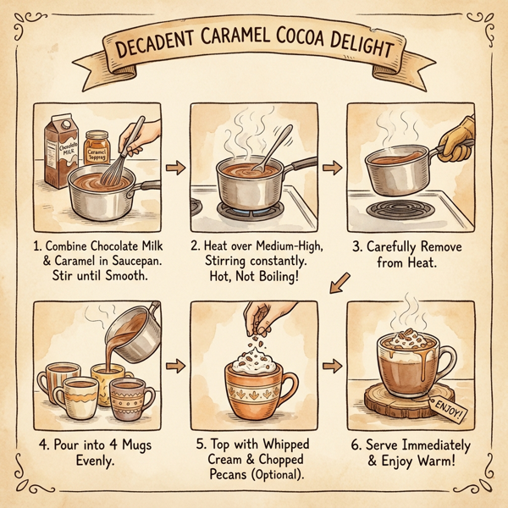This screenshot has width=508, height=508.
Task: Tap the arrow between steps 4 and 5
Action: coord(176,366)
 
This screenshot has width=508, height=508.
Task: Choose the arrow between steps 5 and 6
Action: coord(332,366)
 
